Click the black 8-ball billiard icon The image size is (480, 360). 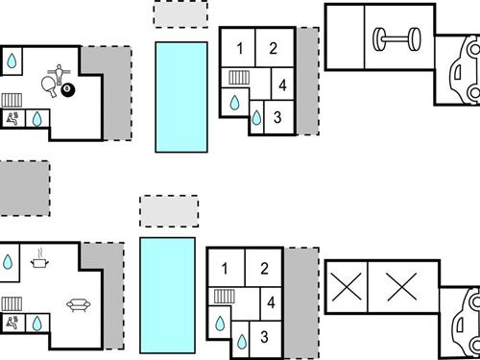[x=70, y=90]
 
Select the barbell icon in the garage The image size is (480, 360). [x=396, y=39]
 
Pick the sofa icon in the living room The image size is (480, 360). [x=77, y=305]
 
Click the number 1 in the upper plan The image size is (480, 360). [x=240, y=48]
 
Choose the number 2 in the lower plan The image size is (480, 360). [x=264, y=269]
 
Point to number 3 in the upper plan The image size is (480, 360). [x=276, y=117]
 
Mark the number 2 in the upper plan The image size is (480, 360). [x=273, y=48]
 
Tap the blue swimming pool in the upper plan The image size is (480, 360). [x=181, y=96]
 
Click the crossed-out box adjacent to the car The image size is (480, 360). [x=401, y=285]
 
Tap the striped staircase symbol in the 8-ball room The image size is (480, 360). [x=12, y=99]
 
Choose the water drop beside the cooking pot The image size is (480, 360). [x=8, y=261]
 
